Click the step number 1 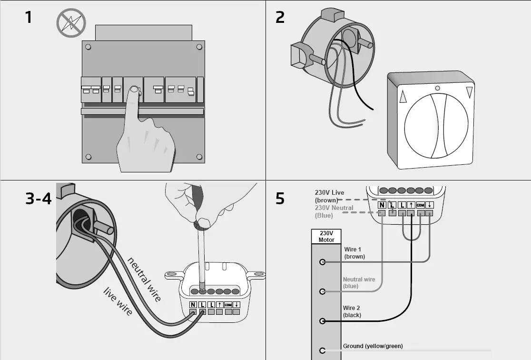pos(29,18)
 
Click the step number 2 pos(280,18)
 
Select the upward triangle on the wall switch pos(404,97)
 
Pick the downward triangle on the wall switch pos(470,92)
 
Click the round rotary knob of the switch pos(437,125)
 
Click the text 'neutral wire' pos(145,279)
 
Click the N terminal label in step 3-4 pos(193,305)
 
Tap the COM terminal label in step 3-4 pos(228,305)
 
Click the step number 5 pos(280,198)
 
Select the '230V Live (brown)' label pos(329,196)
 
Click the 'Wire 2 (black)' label pos(352,312)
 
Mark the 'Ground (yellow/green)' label pos(373,346)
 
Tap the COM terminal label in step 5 pos(420,205)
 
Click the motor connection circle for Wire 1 pos(323,262)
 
